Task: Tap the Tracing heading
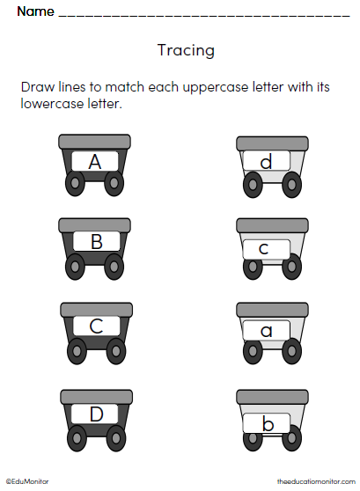tap(186, 50)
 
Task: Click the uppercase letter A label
tap(95, 162)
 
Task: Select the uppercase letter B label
tap(97, 242)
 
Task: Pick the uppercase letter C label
tap(96, 326)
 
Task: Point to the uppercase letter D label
tap(96, 414)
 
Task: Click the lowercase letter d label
tap(265, 162)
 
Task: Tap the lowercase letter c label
tap(263, 249)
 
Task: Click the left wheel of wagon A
tap(76, 184)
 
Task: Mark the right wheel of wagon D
tap(114, 436)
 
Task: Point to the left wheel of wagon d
tap(253, 184)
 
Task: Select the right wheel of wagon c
tap(290, 269)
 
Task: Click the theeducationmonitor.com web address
tap(314, 481)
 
